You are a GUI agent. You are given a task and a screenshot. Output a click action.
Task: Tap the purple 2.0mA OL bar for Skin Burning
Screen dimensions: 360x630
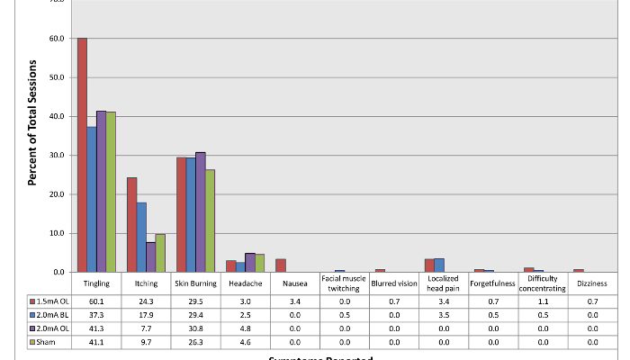(200, 212)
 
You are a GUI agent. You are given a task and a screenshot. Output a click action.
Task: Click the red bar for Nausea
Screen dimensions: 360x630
(280, 265)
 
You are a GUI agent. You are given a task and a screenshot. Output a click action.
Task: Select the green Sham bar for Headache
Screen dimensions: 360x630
(259, 263)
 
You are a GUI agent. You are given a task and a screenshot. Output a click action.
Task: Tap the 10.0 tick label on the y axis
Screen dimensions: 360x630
(56, 233)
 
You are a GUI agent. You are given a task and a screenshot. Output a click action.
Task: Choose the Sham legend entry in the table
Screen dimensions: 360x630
(45, 342)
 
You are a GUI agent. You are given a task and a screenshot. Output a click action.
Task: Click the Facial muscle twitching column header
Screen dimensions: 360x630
(344, 283)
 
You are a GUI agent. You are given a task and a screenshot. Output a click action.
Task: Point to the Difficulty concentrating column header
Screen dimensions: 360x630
(542, 283)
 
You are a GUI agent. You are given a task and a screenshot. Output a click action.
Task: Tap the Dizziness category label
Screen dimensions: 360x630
(591, 283)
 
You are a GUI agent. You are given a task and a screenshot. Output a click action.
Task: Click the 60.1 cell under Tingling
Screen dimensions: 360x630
(96, 300)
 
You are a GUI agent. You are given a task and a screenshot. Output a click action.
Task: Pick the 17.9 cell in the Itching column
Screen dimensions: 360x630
(146, 314)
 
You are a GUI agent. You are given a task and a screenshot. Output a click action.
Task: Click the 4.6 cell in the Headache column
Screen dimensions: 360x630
(245, 342)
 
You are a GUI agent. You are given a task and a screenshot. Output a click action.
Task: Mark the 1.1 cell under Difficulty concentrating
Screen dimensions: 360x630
(542, 300)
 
